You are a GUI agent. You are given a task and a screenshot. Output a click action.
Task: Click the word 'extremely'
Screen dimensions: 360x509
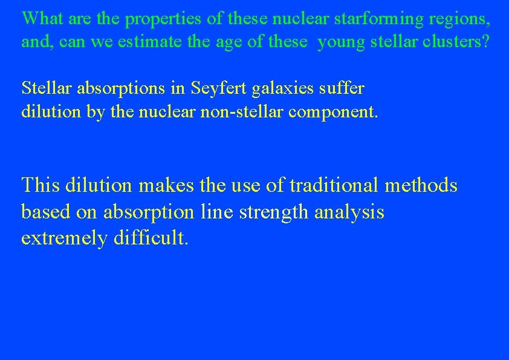pos(64,239)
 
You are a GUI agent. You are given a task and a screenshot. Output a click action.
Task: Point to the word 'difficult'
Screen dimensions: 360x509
pos(151,238)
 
